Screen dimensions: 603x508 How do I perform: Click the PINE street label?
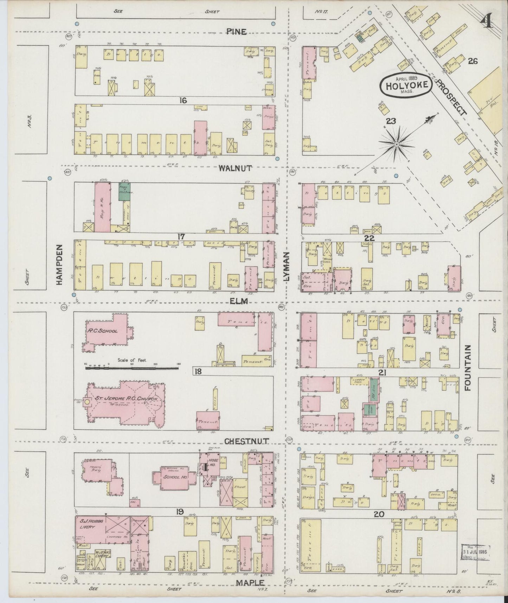(236, 32)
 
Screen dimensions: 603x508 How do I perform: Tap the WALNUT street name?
(235, 168)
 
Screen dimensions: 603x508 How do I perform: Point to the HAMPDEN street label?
(58, 265)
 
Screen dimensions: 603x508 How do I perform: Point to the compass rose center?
(397, 145)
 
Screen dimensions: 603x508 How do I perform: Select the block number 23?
(391, 121)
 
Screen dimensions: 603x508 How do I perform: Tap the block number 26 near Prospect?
(473, 61)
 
